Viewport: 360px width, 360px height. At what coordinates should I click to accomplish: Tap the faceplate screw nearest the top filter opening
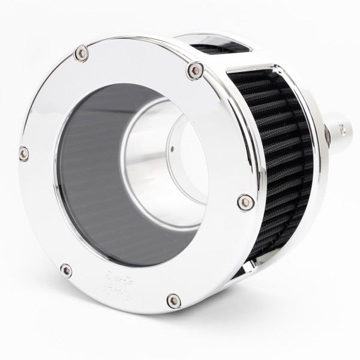coord(194,70)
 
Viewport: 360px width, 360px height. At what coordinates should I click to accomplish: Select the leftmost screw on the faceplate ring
coord(24,153)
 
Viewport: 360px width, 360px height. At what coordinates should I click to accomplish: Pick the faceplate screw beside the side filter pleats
coord(245,202)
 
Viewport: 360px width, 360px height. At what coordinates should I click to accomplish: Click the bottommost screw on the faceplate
coord(173,300)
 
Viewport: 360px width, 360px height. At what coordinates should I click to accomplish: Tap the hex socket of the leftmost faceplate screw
coord(24,153)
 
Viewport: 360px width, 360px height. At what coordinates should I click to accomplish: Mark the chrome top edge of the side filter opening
coord(264,63)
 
